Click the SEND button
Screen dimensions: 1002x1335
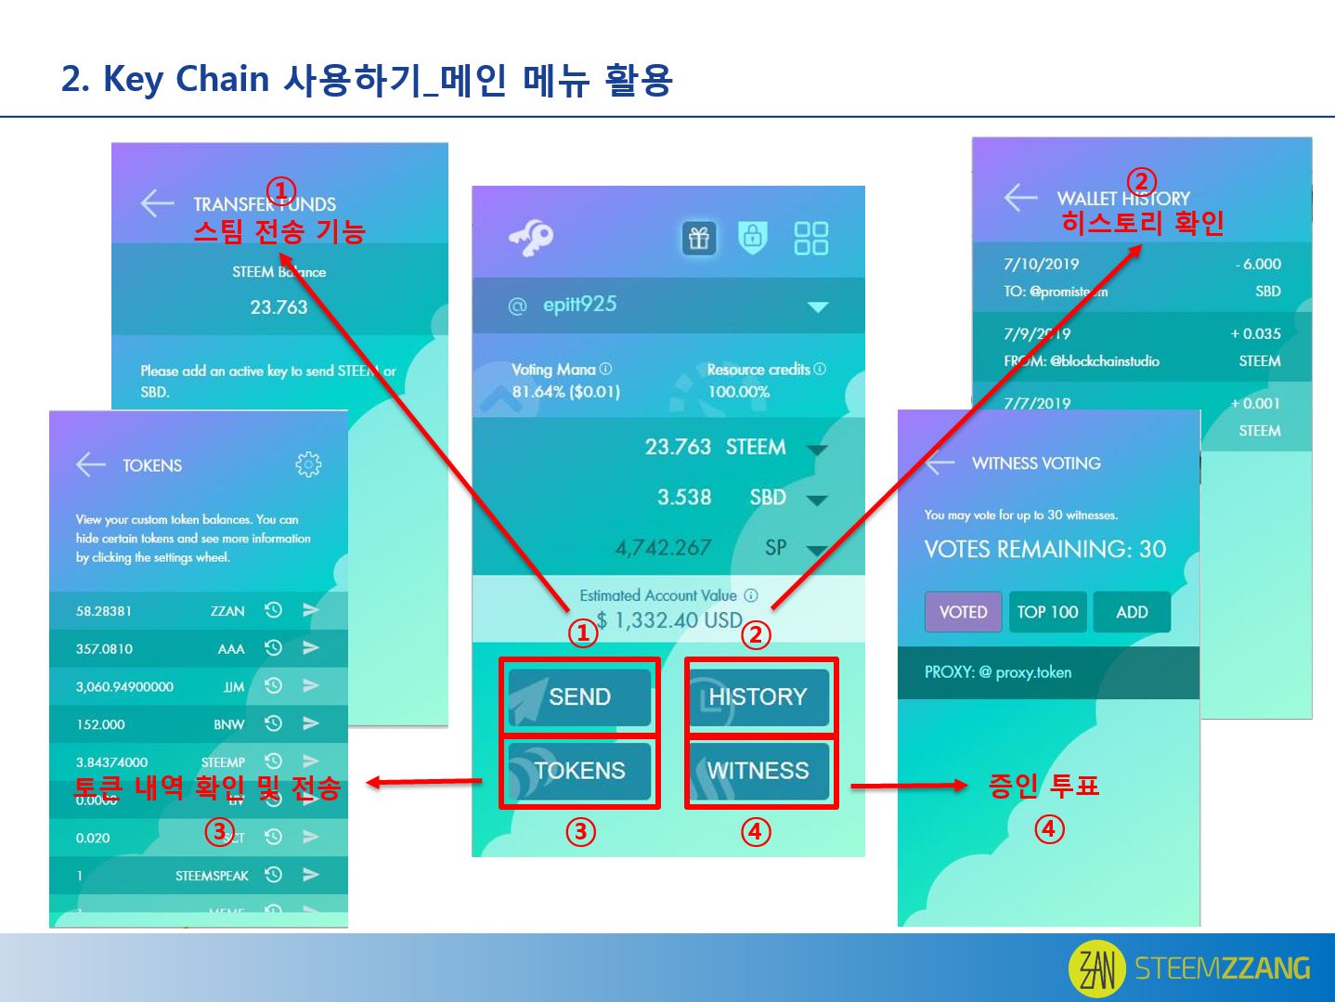pyautogui.click(x=579, y=696)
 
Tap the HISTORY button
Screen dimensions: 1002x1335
pyautogui.click(x=758, y=696)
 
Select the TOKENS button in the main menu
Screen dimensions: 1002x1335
pyautogui.click(x=579, y=771)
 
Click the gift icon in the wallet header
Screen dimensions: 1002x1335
pyautogui.click(x=699, y=239)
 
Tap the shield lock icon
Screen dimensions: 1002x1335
pyautogui.click(x=753, y=238)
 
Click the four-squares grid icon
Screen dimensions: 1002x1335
pyautogui.click(x=810, y=239)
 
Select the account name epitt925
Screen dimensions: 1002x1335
pyautogui.click(x=579, y=305)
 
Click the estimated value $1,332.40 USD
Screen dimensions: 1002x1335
pyautogui.click(x=668, y=620)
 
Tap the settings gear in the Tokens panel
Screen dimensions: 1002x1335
pyautogui.click(x=308, y=464)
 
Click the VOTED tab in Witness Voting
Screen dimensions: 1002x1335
pyautogui.click(x=963, y=612)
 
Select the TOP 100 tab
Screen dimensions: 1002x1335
pyautogui.click(x=1047, y=612)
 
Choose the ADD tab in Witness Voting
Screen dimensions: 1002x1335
pyautogui.click(x=1132, y=612)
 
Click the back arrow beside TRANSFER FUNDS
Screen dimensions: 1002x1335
pyautogui.click(x=157, y=203)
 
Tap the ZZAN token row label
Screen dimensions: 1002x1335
pyautogui.click(x=227, y=611)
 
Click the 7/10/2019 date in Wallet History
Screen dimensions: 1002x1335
pyautogui.click(x=1041, y=264)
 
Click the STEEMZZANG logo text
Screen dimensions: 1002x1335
pyautogui.click(x=1222, y=969)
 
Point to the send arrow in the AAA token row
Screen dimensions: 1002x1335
pyautogui.click(x=311, y=648)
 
